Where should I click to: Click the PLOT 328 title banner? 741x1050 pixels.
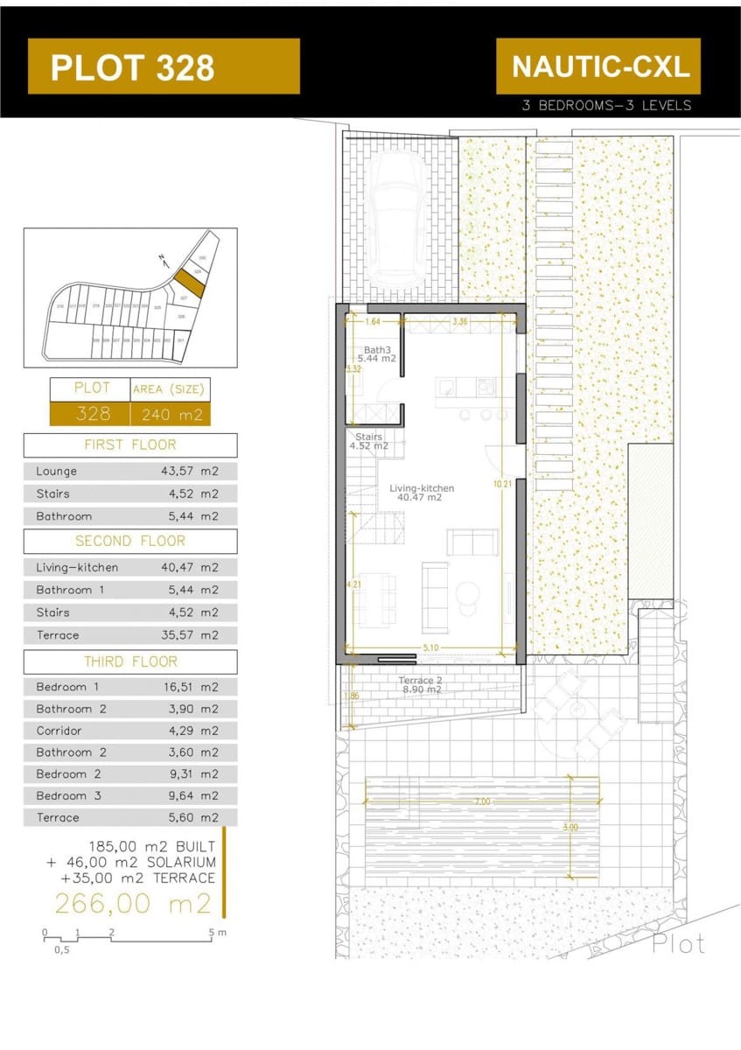click(164, 66)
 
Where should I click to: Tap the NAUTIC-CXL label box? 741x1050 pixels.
click(599, 66)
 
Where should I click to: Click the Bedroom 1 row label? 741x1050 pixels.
click(67, 687)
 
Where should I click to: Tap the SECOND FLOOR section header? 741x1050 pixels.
click(129, 541)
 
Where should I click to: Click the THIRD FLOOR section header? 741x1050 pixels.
click(129, 661)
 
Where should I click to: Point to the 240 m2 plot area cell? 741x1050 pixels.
click(171, 414)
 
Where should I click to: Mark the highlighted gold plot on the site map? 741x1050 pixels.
click(187, 283)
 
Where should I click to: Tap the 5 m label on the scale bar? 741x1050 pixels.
click(217, 933)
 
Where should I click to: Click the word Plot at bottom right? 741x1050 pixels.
click(678, 943)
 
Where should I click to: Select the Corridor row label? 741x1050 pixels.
click(59, 731)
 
